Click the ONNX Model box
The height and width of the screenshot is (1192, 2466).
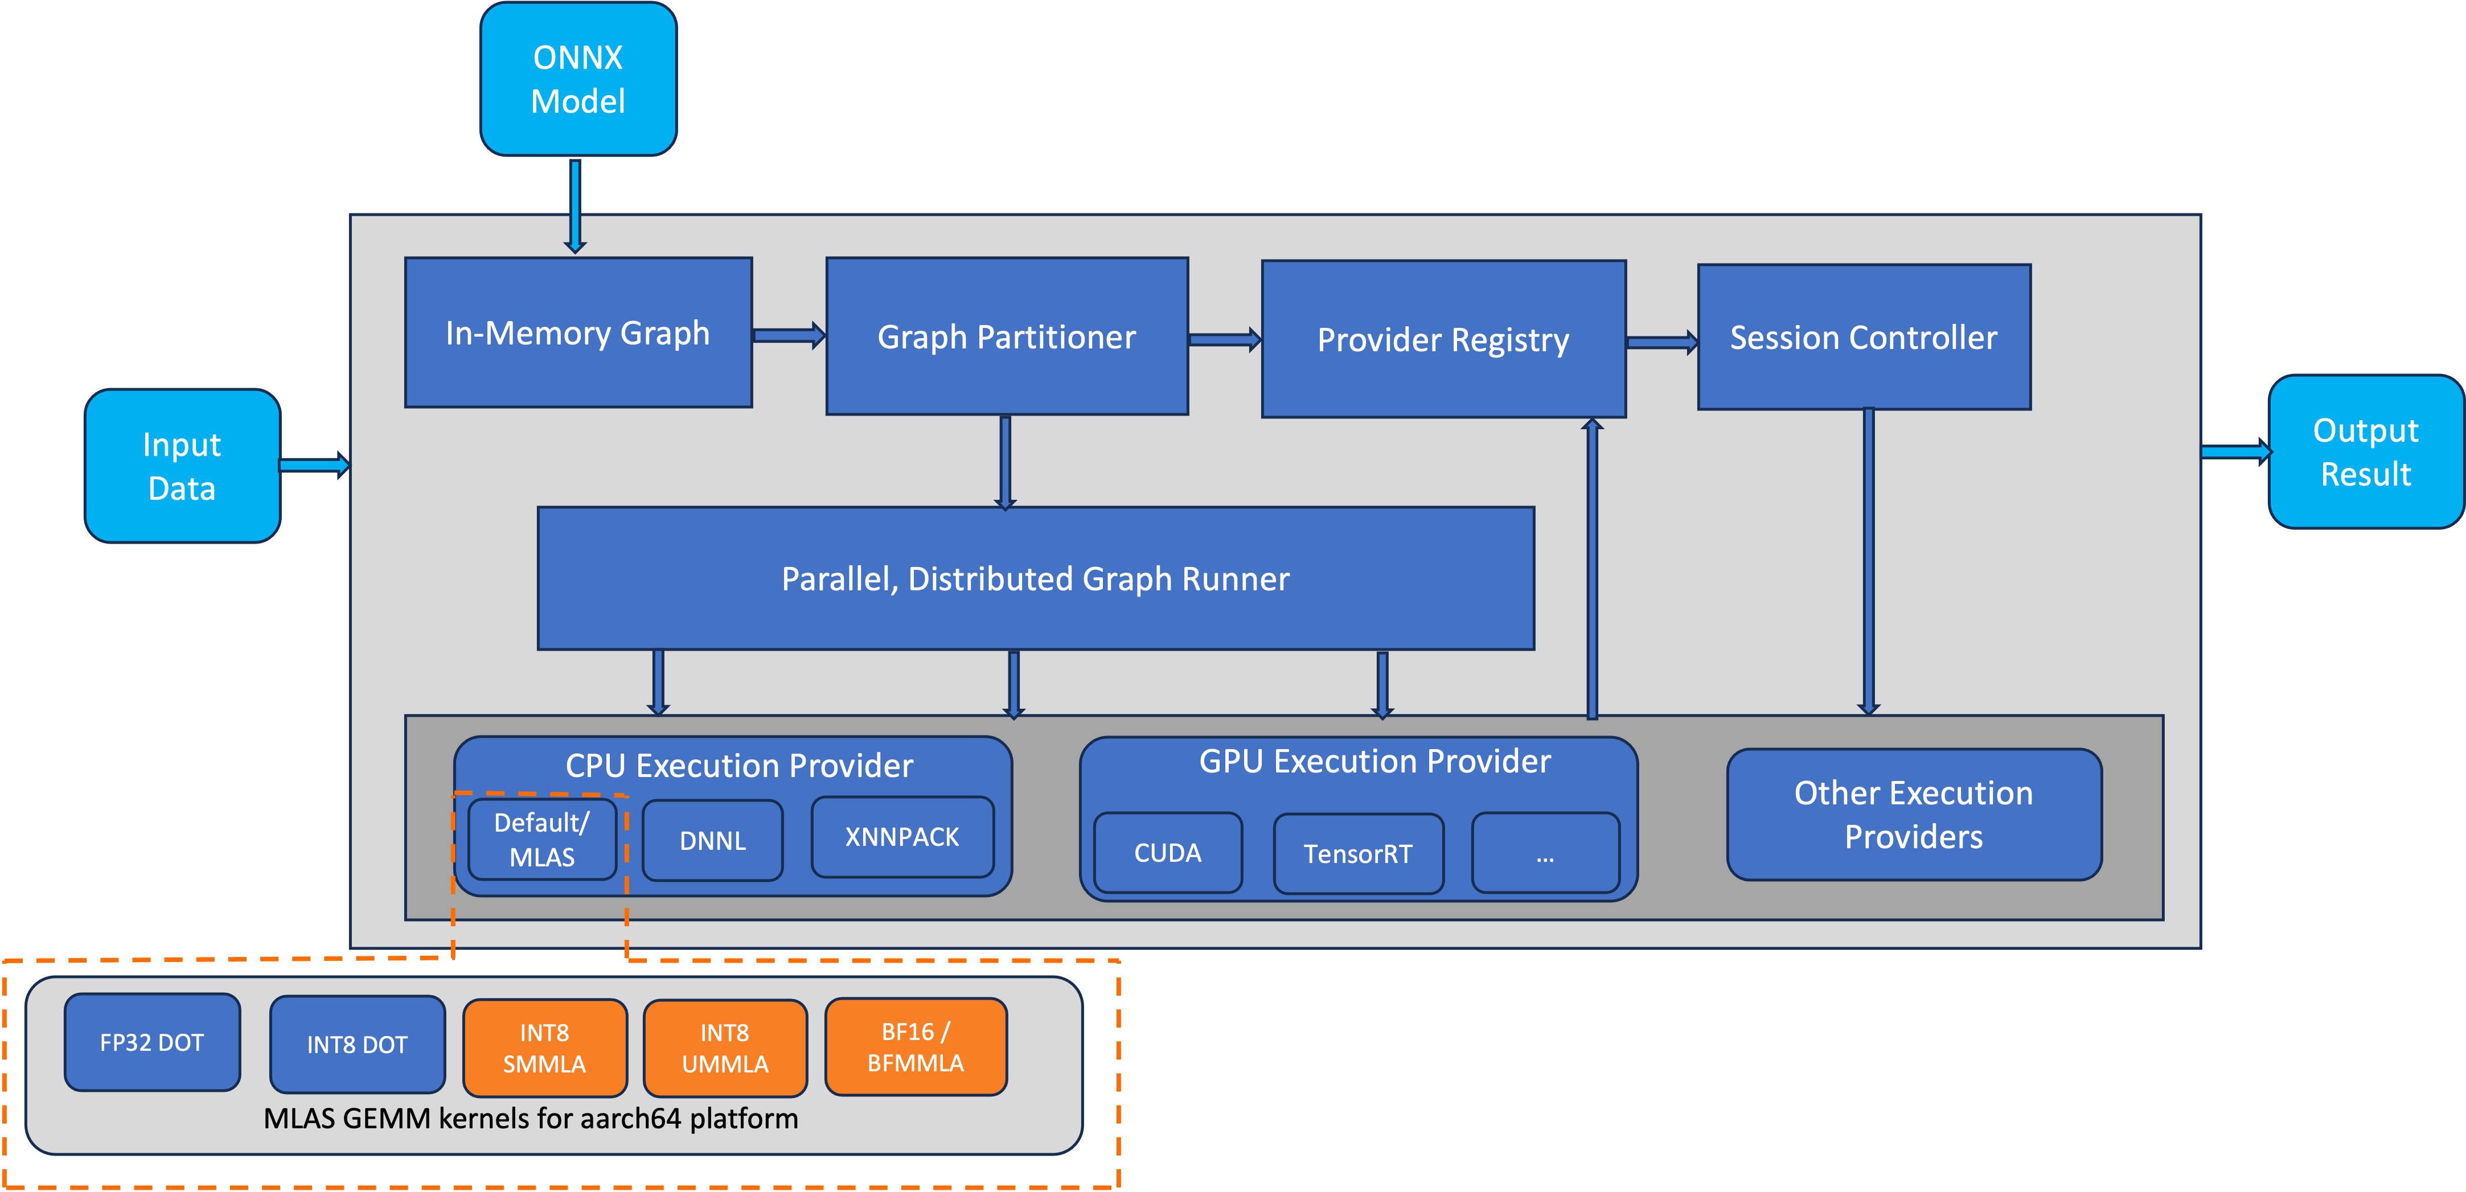click(x=578, y=80)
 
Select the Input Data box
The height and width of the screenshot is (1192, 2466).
click(x=182, y=466)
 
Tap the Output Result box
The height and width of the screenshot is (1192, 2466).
click(x=2365, y=452)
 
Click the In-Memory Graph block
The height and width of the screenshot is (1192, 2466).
click(x=578, y=332)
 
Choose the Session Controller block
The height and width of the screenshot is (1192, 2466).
click(x=1864, y=337)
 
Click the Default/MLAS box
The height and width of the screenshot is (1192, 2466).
click(x=542, y=840)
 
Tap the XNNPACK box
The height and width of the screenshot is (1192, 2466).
click(x=902, y=837)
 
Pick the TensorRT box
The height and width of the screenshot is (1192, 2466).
click(x=1357, y=854)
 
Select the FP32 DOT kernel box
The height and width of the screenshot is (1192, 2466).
click(x=152, y=1043)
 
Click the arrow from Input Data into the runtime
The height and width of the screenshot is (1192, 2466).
click(x=314, y=465)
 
